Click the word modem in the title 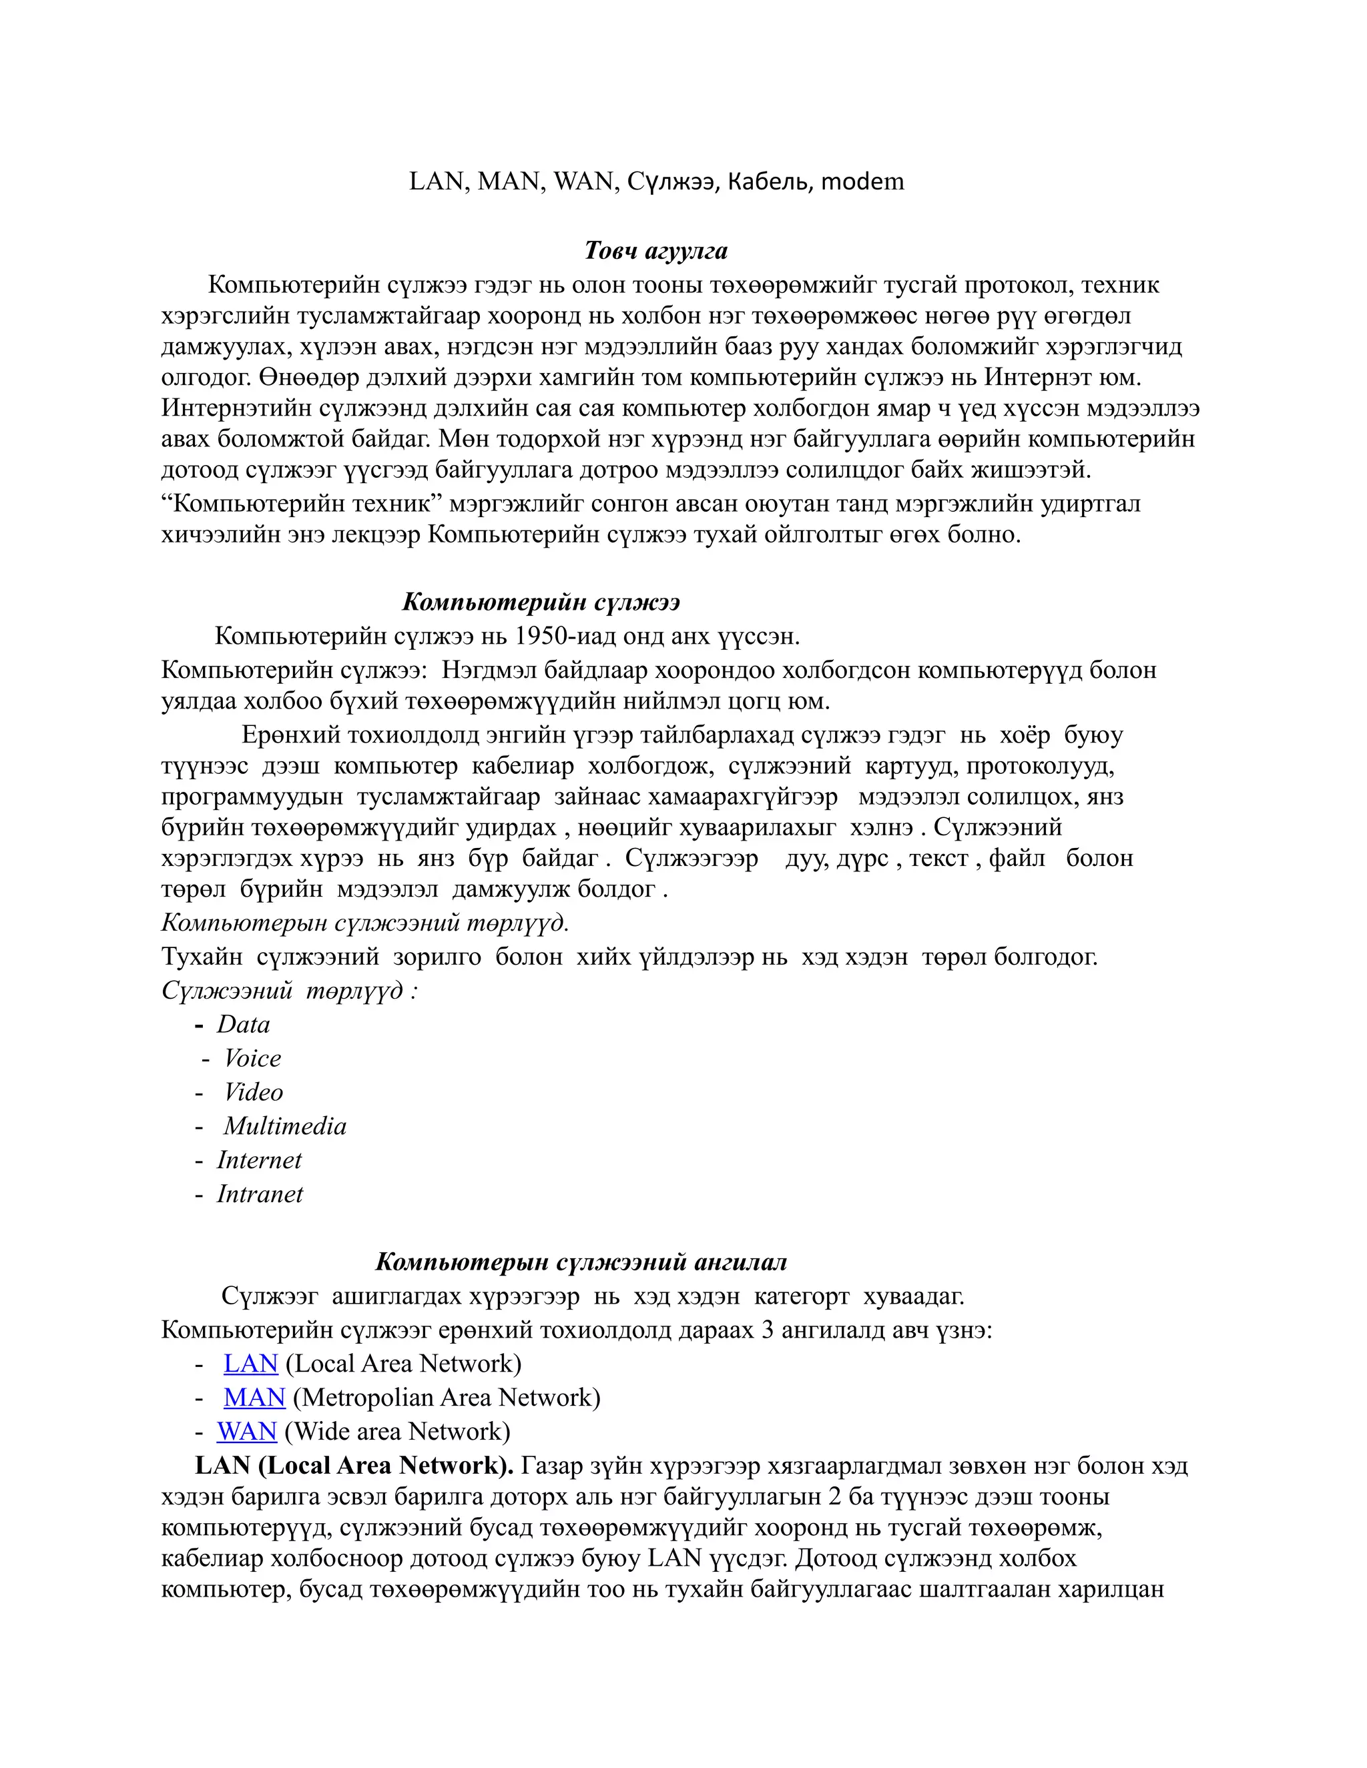862,181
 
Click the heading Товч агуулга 656,251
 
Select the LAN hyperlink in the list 251,1364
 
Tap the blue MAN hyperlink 254,1398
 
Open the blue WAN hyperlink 247,1432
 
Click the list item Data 243,1025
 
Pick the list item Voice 253,1059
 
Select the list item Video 254,1093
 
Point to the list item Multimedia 285,1127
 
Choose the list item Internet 259,1161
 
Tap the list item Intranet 260,1195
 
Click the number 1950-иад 565,636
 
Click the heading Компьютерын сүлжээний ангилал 581,1262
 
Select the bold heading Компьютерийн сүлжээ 541,602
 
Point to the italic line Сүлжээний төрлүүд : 289,991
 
